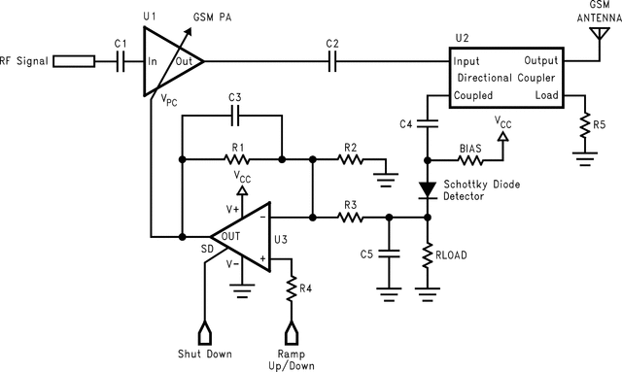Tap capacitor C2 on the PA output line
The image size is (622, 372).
333,61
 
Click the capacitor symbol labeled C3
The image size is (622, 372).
234,116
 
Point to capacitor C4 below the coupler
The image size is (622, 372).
428,123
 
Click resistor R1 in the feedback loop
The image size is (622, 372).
234,158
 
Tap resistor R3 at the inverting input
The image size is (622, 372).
347,218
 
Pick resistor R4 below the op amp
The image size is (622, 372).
291,288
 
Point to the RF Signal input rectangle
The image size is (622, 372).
74,61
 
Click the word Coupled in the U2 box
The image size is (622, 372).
473,95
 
